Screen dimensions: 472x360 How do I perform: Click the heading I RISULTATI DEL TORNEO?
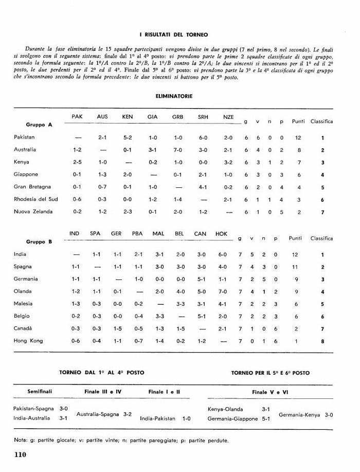coord(173,35)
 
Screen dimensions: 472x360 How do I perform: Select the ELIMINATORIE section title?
coord(173,96)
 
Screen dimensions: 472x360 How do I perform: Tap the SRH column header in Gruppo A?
coord(203,117)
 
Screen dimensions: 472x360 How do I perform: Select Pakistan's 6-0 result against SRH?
coord(203,137)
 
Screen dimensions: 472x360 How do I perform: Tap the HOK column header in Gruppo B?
coord(221,234)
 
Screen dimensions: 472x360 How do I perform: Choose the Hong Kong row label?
coord(28,341)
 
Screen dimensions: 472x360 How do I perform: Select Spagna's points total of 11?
coord(295,267)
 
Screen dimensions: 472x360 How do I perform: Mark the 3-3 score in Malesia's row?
coord(179,304)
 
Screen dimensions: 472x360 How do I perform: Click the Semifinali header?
coord(40,392)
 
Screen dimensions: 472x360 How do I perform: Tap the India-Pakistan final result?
coord(165,418)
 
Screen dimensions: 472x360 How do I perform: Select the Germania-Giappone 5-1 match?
coord(239,418)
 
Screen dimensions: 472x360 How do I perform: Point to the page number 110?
coord(21,454)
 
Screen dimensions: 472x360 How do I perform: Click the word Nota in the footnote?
coord(21,440)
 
